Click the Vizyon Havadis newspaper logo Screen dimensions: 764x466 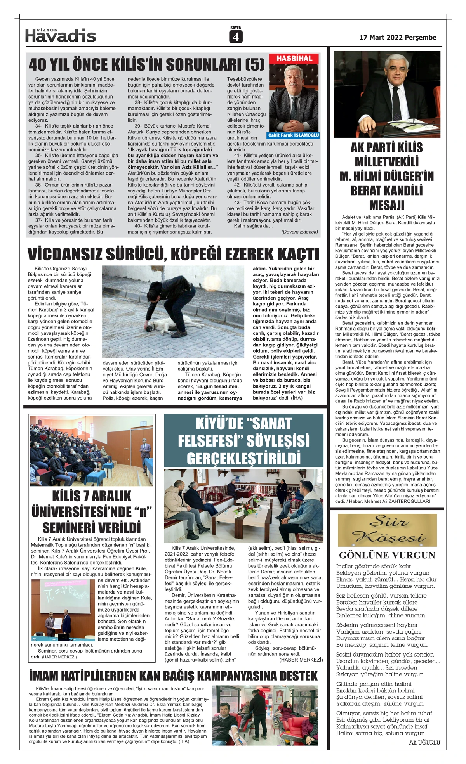[61, 35]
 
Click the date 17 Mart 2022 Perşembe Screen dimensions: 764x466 [398, 38]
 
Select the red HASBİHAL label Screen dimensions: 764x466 [294, 59]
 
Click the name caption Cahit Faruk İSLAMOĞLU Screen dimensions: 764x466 [294, 135]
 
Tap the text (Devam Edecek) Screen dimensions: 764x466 [299, 232]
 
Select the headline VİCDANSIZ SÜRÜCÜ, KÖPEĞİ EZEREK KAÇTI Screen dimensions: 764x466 [173, 255]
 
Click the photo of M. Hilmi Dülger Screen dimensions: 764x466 [387, 94]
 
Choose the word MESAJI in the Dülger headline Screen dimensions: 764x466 [386, 205]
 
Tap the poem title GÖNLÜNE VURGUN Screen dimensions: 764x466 [387, 555]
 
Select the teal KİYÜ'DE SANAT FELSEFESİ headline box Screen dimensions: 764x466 [243, 440]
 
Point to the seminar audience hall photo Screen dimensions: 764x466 [92, 450]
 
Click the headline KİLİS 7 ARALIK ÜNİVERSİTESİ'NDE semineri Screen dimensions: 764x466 [92, 512]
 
